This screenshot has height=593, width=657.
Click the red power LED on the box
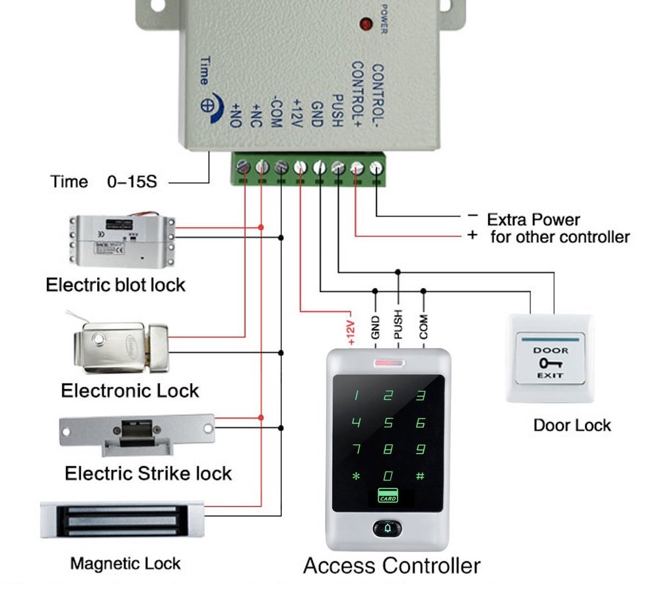click(364, 25)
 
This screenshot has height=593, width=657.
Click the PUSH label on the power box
click(336, 110)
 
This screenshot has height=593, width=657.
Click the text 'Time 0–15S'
click(104, 182)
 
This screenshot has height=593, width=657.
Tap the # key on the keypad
click(420, 475)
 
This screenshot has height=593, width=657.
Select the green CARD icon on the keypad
click(388, 496)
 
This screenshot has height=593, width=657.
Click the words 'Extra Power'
click(533, 220)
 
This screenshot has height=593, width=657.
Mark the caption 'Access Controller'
click(392, 566)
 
